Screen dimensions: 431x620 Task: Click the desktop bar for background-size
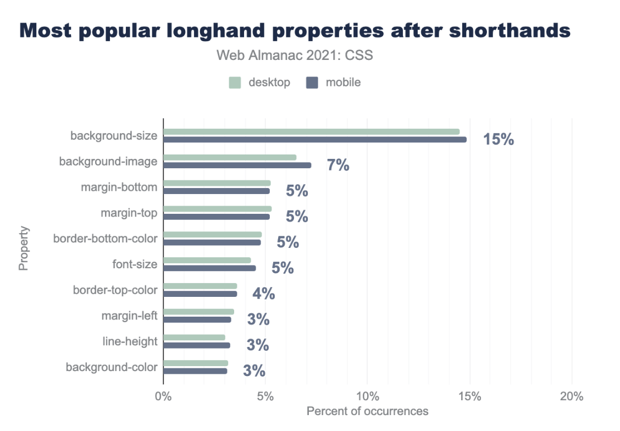[x=311, y=132]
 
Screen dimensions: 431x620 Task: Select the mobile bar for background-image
[x=237, y=165]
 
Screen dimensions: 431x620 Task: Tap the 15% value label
[x=499, y=140]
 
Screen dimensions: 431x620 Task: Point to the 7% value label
[x=338, y=165]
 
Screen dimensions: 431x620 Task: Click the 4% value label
[x=264, y=294]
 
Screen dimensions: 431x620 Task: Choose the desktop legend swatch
[x=235, y=83]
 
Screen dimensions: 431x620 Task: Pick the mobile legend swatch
[x=312, y=83]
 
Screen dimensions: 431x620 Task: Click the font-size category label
[x=135, y=264]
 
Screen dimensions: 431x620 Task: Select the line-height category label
[x=130, y=341]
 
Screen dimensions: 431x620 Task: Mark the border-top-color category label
[x=115, y=290]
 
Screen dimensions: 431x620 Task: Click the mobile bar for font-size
[x=209, y=268]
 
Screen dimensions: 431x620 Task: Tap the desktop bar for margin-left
[x=198, y=312]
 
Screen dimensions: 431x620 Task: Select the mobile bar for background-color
[x=195, y=371]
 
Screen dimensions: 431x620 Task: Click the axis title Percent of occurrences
[x=367, y=411]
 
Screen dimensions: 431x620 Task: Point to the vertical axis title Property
[x=23, y=248]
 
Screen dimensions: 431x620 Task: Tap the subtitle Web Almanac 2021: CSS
[x=295, y=56]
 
